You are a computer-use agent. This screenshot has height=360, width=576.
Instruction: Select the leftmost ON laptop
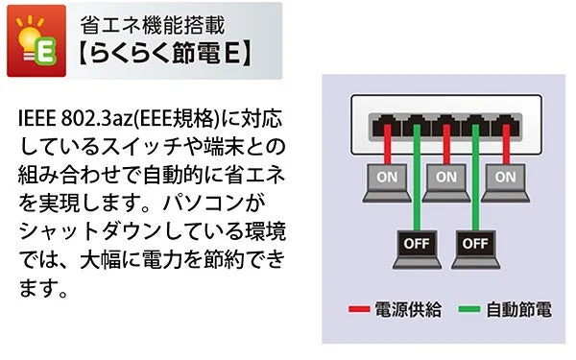coord(387,179)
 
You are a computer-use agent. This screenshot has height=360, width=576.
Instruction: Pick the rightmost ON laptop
coord(506,179)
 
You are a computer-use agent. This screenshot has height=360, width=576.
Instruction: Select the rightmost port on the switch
coord(505,122)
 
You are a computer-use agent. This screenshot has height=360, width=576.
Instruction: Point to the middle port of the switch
coord(445,122)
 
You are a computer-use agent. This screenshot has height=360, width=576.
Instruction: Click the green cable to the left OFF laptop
coord(417,182)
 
